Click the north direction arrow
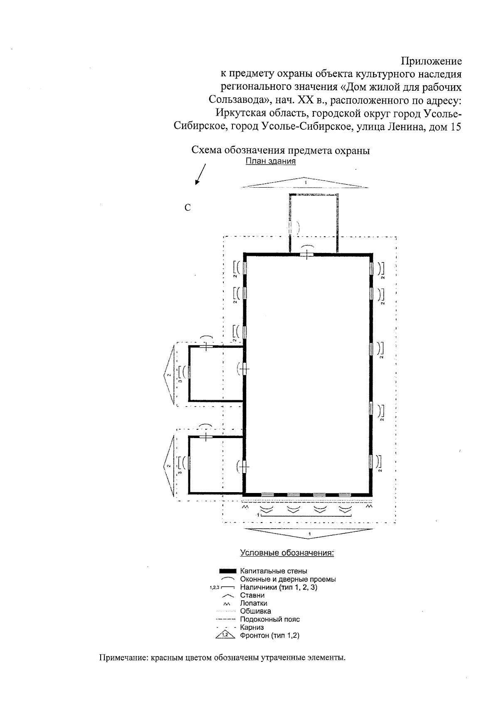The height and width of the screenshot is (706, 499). tap(200, 174)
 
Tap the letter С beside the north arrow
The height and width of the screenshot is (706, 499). tap(188, 208)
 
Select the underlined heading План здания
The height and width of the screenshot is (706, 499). tap(271, 161)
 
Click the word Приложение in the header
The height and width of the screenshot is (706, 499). tap(431, 61)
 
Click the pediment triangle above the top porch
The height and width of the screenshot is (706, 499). tap(305, 183)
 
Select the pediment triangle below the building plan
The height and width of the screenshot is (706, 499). tap(309, 533)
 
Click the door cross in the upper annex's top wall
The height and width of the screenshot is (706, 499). tap(206, 347)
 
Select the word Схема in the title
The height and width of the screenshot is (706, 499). tap(207, 150)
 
